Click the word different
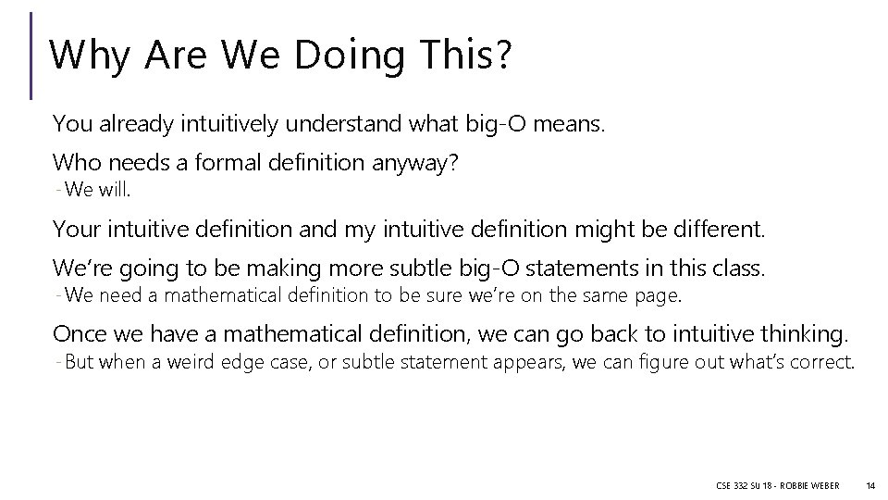pyautogui.click(x=714, y=228)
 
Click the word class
pyautogui.click(x=741, y=269)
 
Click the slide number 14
pyautogui.click(x=869, y=485)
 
